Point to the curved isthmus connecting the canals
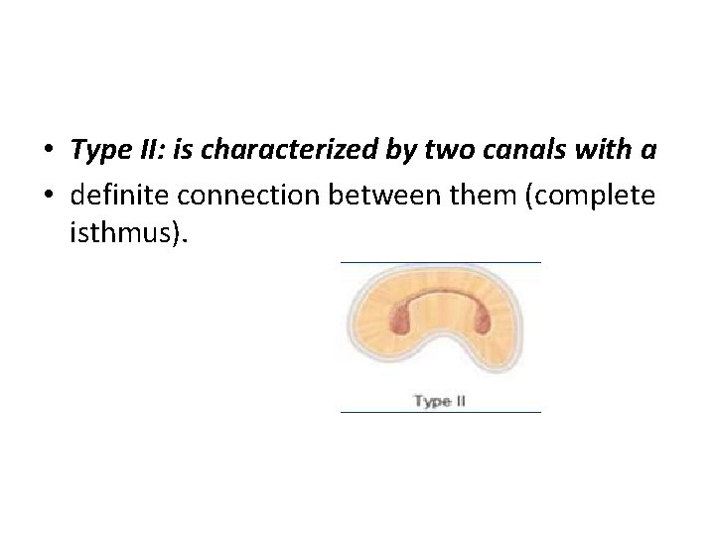[441, 297]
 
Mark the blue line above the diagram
[440, 262]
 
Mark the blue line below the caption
[440, 411]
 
